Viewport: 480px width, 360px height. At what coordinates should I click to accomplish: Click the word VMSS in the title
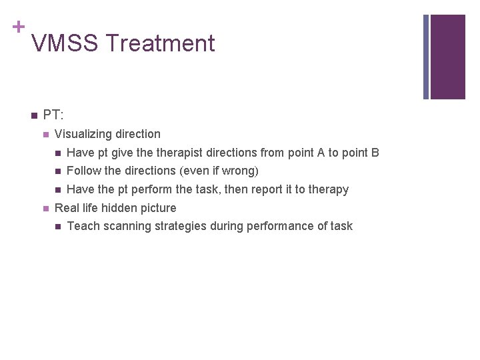65,44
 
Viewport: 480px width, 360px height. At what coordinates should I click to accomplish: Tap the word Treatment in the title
160,44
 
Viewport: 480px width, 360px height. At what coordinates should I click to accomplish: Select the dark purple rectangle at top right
447,57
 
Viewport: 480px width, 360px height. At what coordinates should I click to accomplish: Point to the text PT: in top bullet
53,115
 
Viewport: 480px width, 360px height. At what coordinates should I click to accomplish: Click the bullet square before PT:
33,116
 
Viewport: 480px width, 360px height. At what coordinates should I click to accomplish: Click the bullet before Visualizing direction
45,135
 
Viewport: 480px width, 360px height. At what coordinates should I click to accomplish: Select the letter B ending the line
375,153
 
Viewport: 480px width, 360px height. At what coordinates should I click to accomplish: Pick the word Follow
84,171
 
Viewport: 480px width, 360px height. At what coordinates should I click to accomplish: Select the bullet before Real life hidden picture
45,209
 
